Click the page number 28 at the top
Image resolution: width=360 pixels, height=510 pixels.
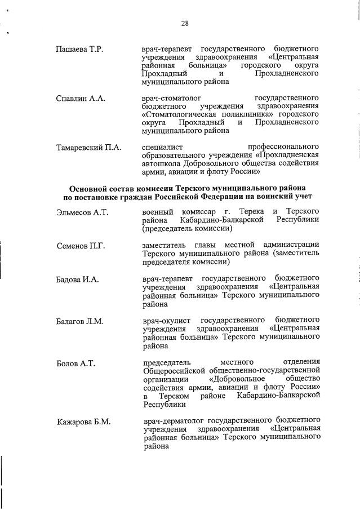(185, 23)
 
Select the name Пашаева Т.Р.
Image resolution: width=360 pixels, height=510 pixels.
(79, 50)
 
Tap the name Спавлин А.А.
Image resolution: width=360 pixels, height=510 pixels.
(81, 99)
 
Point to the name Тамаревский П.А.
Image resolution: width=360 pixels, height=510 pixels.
(88, 148)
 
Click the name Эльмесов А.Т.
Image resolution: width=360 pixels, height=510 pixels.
(82, 212)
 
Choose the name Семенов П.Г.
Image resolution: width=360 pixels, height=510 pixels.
(81, 246)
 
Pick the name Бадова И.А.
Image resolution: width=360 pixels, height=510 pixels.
(78, 280)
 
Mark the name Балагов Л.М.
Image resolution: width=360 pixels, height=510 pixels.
(79, 321)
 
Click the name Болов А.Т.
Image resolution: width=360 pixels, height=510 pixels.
(75, 363)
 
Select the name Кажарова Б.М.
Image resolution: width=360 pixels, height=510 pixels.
(83, 422)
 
